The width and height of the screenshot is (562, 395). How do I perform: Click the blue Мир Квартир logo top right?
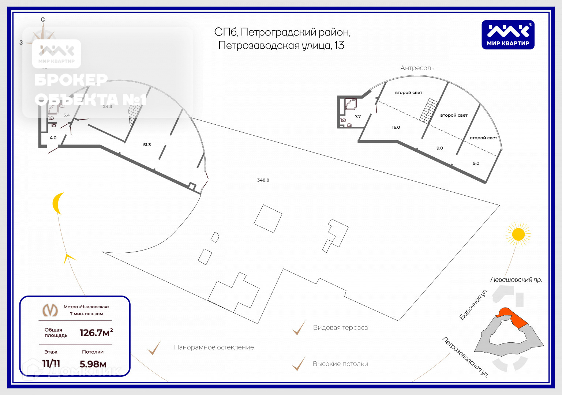click(x=508, y=35)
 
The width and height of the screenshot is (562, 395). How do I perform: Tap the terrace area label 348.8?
click(x=263, y=180)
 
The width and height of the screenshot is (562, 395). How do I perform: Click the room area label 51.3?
click(x=147, y=145)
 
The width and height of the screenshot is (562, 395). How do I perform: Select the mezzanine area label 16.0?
click(x=396, y=127)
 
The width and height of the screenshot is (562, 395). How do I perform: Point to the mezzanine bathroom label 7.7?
click(x=358, y=116)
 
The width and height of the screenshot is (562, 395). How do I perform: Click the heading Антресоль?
click(x=417, y=68)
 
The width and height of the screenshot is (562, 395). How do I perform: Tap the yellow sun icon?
click(x=518, y=234)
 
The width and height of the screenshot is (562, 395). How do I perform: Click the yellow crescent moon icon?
click(x=58, y=203)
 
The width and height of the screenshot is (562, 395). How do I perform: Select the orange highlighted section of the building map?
click(x=512, y=317)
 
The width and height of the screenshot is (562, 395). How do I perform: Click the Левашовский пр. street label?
click(x=516, y=280)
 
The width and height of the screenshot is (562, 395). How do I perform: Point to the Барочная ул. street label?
click(x=473, y=304)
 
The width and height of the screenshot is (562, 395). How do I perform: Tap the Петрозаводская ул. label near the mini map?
click(x=465, y=357)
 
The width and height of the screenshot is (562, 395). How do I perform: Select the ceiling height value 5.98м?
click(x=93, y=364)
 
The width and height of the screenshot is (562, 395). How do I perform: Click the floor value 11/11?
click(x=51, y=364)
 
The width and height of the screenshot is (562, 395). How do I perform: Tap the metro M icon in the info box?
click(x=50, y=310)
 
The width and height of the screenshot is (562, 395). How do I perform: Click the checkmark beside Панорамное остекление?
click(x=154, y=348)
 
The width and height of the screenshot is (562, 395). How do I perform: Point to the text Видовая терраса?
click(x=340, y=328)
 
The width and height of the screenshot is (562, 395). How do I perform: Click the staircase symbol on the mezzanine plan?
click(x=428, y=110)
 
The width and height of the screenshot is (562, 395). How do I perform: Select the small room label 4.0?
click(x=53, y=138)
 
